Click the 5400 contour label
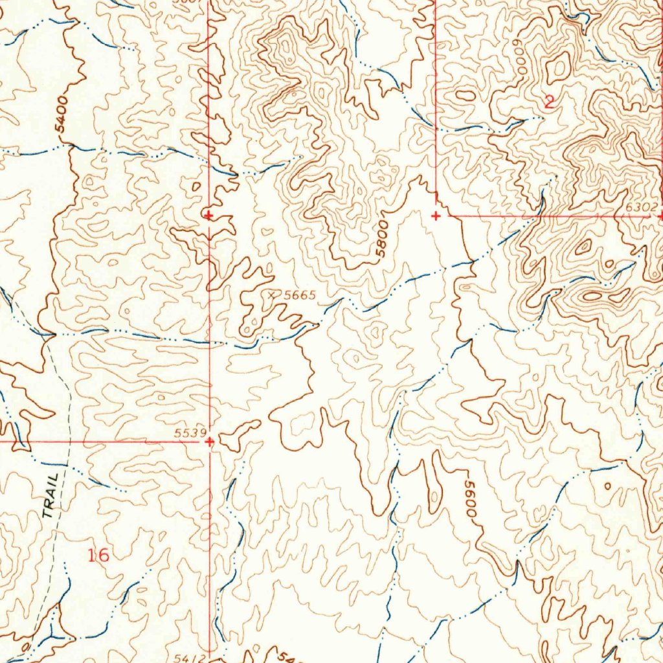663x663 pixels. coord(62,114)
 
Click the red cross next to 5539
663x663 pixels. coord(208,442)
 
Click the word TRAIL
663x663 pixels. coord(52,495)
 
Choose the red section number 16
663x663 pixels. coord(99,555)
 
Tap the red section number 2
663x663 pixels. coord(549,102)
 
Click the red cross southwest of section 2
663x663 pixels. coord(436,216)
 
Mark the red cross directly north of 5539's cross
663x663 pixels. coord(208,214)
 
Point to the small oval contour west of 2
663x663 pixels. coord(465,95)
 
